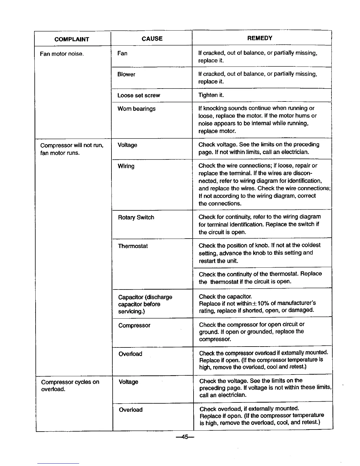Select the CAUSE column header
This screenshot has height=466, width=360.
(152, 39)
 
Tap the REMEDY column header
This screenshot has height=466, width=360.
(260, 38)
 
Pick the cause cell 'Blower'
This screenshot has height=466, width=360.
(126, 74)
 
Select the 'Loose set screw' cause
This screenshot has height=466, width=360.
(139, 95)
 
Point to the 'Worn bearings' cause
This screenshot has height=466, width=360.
(136, 109)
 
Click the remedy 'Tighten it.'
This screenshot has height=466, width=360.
(211, 95)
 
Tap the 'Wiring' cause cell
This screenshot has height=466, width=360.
(126, 166)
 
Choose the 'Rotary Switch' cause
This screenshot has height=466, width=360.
(136, 217)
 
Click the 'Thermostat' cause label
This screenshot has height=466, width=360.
(133, 246)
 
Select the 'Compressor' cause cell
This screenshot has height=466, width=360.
(134, 325)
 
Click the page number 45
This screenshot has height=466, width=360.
(185, 437)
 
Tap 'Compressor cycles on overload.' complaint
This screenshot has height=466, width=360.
(70, 385)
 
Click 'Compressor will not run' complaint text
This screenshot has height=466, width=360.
(72, 145)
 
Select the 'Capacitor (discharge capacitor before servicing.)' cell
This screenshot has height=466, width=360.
(145, 304)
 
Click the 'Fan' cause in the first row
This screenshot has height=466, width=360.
(122, 53)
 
